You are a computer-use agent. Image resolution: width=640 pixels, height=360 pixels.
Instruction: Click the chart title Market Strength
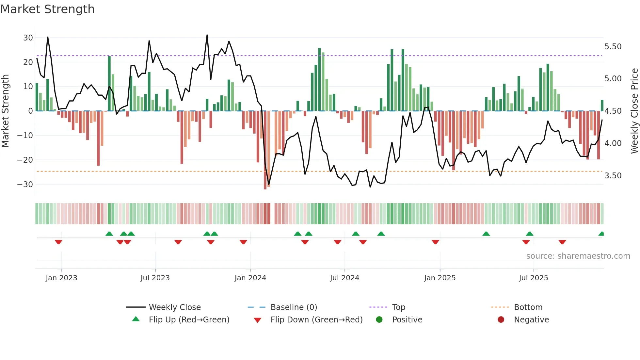click(x=47, y=9)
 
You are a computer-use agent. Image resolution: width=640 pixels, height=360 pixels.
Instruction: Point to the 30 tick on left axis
click(x=28, y=38)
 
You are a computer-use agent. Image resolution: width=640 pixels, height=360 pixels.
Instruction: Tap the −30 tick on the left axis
click(x=25, y=184)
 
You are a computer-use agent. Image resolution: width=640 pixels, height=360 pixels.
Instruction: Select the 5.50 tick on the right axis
click(x=613, y=47)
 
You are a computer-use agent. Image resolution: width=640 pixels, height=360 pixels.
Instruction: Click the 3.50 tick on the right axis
click(x=613, y=176)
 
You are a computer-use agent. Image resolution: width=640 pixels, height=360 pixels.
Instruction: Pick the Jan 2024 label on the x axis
click(x=250, y=278)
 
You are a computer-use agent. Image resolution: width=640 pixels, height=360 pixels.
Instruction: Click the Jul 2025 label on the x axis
click(x=533, y=278)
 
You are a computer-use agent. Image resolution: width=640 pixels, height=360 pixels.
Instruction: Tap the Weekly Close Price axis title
click(x=634, y=111)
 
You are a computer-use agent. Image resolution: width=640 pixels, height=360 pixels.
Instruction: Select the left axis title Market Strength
click(x=5, y=111)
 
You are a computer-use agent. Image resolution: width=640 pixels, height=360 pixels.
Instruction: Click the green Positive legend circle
click(x=379, y=320)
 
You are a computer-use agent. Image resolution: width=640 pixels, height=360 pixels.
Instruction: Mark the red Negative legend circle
click(x=501, y=320)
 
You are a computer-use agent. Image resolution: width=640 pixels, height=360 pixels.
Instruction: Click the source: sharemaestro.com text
click(x=578, y=256)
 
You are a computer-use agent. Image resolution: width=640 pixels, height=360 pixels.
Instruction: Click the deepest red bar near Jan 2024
click(x=265, y=150)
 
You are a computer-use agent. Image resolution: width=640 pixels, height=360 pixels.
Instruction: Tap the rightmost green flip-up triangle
click(x=601, y=234)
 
